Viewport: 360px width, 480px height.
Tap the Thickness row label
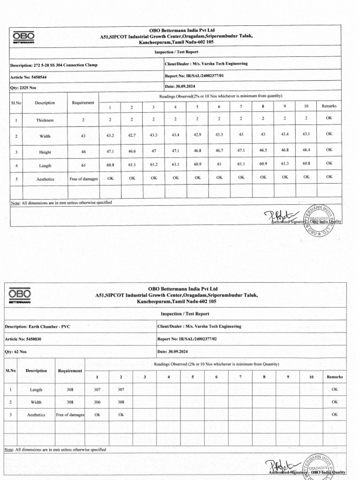[x=45, y=120]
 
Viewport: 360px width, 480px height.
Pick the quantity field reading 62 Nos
[x=16, y=352]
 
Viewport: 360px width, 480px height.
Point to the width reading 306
[x=97, y=402]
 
